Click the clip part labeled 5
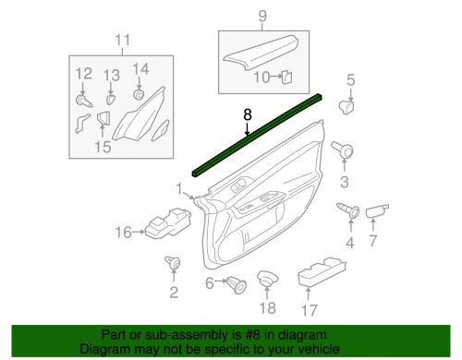(x=349, y=105)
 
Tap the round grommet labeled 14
(x=140, y=93)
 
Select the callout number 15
(x=101, y=146)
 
